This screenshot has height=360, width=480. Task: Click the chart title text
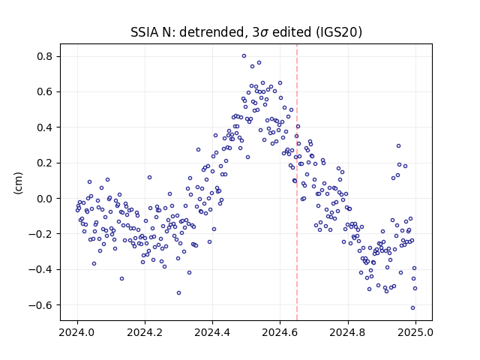coord(246,32)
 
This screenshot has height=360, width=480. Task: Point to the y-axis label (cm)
coord(18,183)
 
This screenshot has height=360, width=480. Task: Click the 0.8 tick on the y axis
coord(45,57)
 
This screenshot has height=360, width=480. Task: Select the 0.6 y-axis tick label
coord(45,91)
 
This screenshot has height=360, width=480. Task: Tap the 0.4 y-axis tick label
coord(45,127)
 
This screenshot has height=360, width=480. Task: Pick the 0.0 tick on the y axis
coord(45,198)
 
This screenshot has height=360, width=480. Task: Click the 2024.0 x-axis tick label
coord(77,332)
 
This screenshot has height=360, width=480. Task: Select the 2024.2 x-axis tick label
coord(145,332)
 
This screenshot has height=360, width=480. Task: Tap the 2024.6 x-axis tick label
coord(280,332)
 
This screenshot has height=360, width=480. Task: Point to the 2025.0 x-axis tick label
coord(415,332)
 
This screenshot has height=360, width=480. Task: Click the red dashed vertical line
coord(297,182)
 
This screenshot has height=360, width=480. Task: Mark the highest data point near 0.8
coord(244,56)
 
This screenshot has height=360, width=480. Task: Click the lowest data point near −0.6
coord(412,308)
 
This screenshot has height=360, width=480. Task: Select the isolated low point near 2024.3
coord(178,293)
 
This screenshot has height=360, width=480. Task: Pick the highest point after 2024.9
coord(398,146)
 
